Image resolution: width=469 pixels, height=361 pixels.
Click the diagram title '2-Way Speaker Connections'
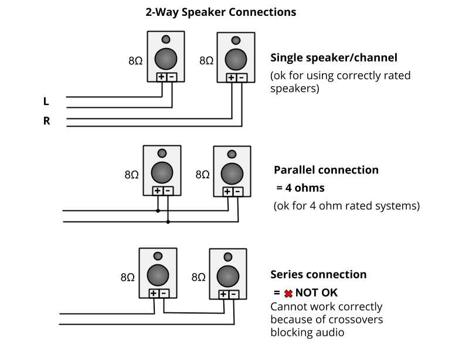[220, 12]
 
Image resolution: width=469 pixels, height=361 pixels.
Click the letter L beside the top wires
[46, 101]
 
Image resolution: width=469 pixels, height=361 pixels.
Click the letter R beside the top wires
[46, 121]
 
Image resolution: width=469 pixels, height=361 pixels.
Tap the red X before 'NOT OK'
[288, 292]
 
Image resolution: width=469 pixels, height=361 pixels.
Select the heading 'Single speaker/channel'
[334, 57]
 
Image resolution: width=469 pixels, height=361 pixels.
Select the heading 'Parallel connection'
[326, 170]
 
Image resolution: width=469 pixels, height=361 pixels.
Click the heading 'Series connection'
[318, 274]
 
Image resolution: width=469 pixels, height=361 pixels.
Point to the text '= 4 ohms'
[300, 188]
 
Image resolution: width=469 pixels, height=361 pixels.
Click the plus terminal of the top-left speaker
[161, 77]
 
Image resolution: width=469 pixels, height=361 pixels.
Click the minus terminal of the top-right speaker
[242, 77]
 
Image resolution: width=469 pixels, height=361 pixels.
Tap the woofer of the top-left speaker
[166, 59]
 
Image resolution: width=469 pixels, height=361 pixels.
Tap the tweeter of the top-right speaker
[236, 41]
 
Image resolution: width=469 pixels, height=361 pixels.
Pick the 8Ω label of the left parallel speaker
[131, 175]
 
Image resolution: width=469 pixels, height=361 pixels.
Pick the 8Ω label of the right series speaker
[198, 278]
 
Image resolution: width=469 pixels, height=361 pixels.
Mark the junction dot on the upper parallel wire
[158, 210]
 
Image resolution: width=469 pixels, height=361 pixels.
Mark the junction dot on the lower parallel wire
[168, 222]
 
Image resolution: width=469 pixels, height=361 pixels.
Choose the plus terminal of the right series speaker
[223, 294]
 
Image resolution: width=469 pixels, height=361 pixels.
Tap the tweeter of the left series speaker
[158, 256]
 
